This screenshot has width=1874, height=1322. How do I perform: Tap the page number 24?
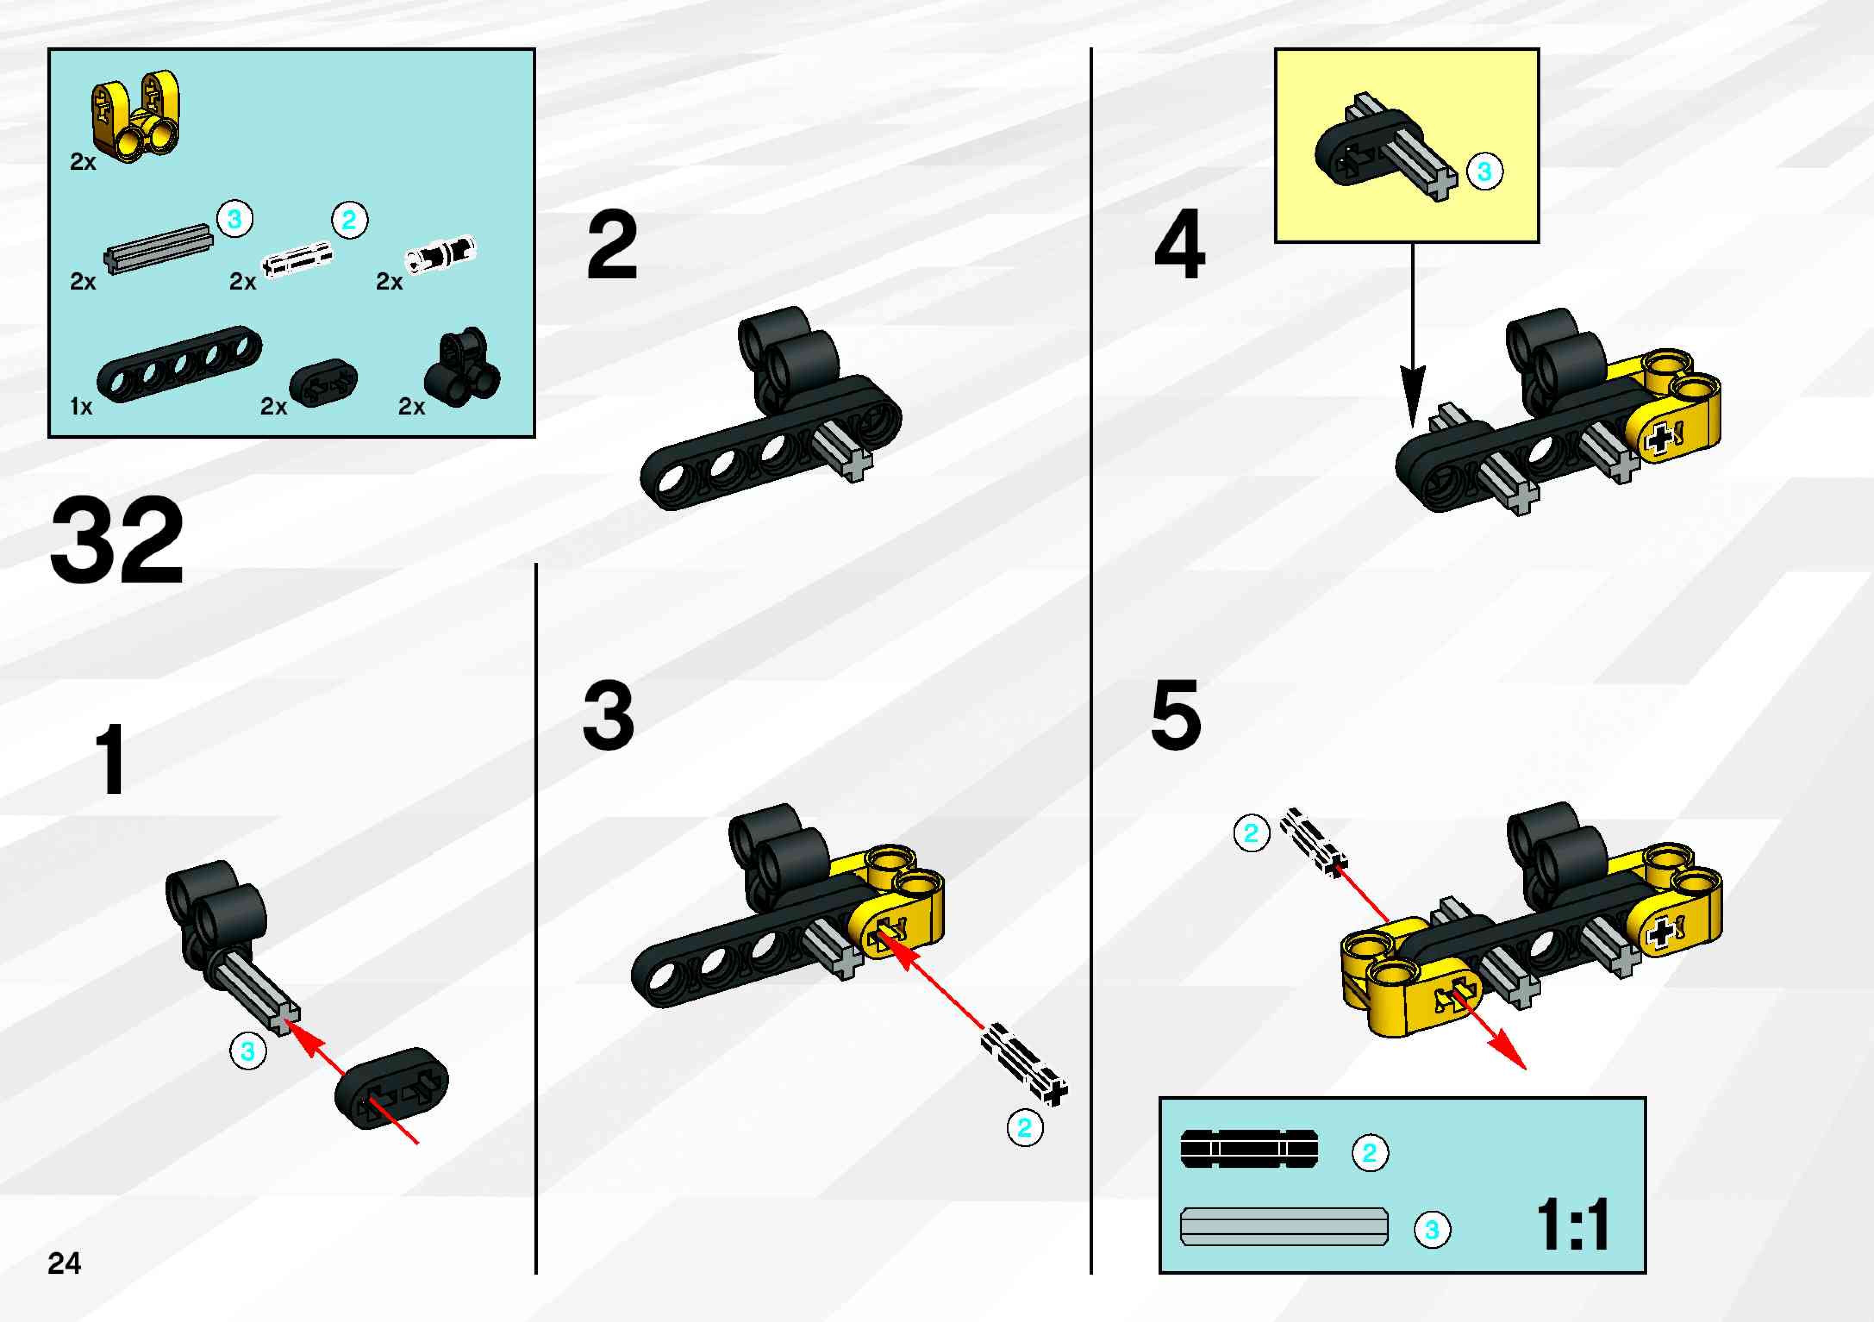point(65,1263)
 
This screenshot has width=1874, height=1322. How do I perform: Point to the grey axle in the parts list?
point(158,249)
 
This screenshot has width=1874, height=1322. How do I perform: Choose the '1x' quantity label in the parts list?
point(81,406)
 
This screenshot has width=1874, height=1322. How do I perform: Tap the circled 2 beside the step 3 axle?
point(1024,1128)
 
